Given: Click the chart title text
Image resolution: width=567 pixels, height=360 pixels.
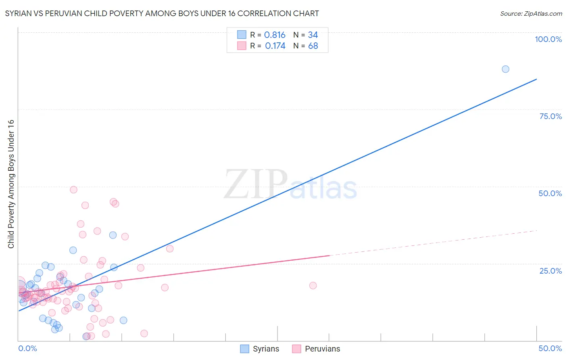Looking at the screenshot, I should pyautogui.click(x=162, y=13).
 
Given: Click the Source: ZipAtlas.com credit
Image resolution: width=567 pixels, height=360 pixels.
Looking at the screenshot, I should pyautogui.click(x=531, y=13).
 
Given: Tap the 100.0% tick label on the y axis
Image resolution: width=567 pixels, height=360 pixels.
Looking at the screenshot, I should pyautogui.click(x=548, y=39).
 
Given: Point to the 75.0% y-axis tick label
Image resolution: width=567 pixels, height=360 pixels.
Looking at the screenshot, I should pyautogui.click(x=550, y=116).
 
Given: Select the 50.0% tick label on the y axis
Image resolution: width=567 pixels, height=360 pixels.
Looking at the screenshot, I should pyautogui.click(x=550, y=193).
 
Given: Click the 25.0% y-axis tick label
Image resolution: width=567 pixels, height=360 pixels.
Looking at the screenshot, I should pyautogui.click(x=550, y=271).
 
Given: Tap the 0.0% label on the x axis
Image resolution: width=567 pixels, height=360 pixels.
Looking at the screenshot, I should pyautogui.click(x=27, y=348).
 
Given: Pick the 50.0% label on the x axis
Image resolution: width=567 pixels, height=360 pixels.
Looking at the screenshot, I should pyautogui.click(x=550, y=348).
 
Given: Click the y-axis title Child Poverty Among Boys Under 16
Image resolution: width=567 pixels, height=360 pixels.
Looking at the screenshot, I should pyautogui.click(x=11, y=184).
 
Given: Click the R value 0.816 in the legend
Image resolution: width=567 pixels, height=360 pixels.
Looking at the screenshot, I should pyautogui.click(x=275, y=35).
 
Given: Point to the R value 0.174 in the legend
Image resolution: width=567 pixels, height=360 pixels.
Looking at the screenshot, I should pyautogui.click(x=275, y=46).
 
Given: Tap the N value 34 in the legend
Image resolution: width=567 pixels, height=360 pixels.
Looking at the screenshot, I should pyautogui.click(x=313, y=35).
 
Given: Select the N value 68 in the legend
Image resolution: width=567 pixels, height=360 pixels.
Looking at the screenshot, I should pyautogui.click(x=313, y=46).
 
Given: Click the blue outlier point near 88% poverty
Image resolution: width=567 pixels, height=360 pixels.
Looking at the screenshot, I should pyautogui.click(x=505, y=69).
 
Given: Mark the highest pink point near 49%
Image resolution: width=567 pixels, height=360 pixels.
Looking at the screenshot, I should pyautogui.click(x=73, y=190).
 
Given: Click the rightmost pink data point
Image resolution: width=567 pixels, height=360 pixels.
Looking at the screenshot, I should pyautogui.click(x=313, y=285).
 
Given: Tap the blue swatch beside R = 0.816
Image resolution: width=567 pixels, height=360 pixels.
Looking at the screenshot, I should pyautogui.click(x=242, y=35).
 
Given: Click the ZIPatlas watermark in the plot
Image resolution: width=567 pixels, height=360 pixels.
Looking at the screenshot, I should pyautogui.click(x=290, y=185).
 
